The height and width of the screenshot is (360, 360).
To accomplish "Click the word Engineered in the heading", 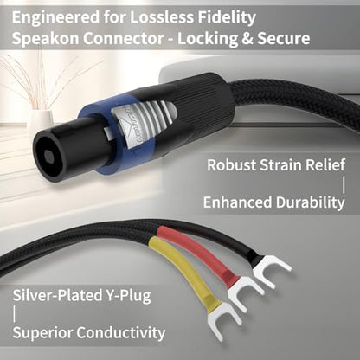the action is pyautogui.click(x=55, y=18).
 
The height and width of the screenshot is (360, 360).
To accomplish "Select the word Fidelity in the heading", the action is pyautogui.click(x=227, y=18).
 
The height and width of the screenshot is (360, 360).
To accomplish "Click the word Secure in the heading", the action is pyautogui.click(x=284, y=39).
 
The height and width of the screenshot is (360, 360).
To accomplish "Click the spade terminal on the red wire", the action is pyautogui.click(x=245, y=292).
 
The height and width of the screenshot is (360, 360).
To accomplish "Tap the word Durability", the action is pyautogui.click(x=310, y=202).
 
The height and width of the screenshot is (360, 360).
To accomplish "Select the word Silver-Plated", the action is pyautogui.click(x=55, y=295).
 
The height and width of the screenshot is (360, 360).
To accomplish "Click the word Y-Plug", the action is pyautogui.click(x=127, y=296).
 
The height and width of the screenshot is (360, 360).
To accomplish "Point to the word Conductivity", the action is pyautogui.click(x=120, y=332).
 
